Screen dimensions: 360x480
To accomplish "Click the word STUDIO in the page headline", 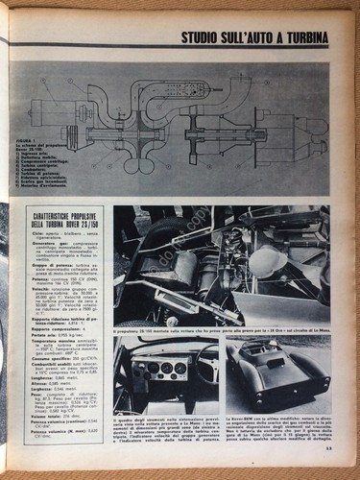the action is [205, 38].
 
